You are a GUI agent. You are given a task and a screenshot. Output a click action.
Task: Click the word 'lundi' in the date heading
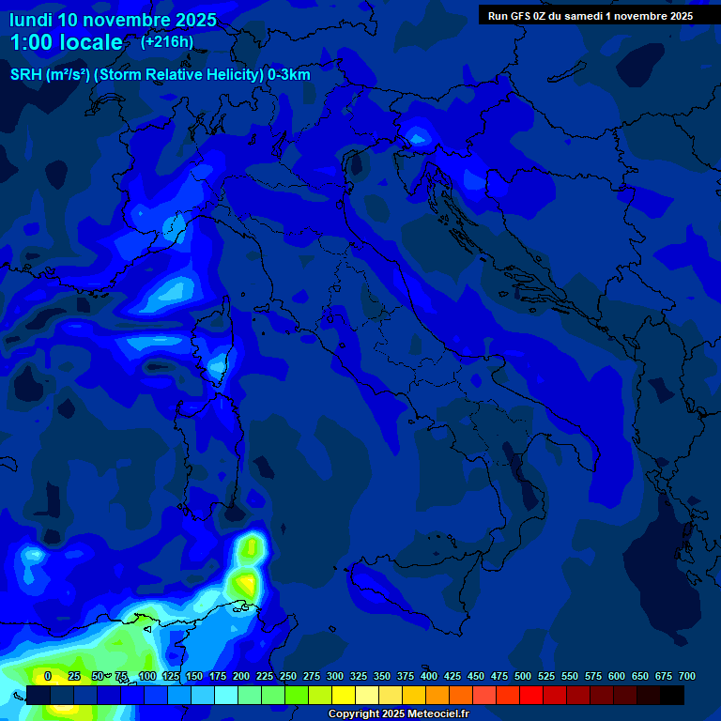pyautogui.click(x=31, y=20)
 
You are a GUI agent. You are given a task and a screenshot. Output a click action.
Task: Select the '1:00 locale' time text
pyautogui.click(x=66, y=42)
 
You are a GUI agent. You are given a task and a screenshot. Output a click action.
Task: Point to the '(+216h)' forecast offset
pyautogui.click(x=167, y=41)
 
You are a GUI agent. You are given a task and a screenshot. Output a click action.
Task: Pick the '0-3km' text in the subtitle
pyautogui.click(x=288, y=74)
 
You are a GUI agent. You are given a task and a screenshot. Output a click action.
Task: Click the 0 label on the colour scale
pyautogui.click(x=48, y=676)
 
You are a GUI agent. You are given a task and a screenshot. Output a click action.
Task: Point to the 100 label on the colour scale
pyautogui.click(x=147, y=676)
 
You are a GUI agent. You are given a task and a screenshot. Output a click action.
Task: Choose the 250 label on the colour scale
pyautogui.click(x=288, y=676)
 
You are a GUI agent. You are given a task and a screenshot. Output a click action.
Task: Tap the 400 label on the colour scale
pyautogui.click(x=429, y=676)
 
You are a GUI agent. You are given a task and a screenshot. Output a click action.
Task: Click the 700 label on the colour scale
pyautogui.click(x=687, y=676)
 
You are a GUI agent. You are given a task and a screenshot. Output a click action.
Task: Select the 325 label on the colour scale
pyautogui.click(x=359, y=676)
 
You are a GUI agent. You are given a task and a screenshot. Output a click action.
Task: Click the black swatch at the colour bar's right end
pyautogui.click(x=672, y=695)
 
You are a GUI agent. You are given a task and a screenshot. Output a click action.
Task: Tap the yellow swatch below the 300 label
pyautogui.click(x=344, y=695)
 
